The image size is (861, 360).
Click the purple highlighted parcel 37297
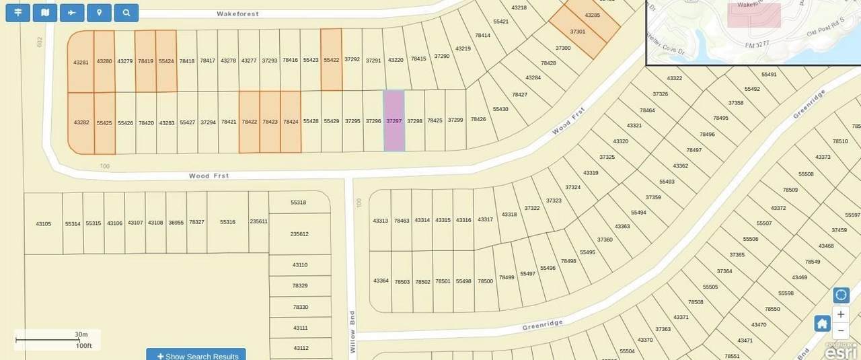(x=394, y=121)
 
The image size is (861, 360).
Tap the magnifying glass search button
(x=126, y=13)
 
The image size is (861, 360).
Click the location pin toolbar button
(x=99, y=13)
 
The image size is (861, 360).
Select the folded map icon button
(x=45, y=13)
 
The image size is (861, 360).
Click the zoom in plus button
(x=841, y=314)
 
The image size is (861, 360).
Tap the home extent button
(x=822, y=324)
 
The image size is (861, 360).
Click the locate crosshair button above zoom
(x=841, y=295)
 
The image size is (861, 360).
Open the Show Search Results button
(x=196, y=355)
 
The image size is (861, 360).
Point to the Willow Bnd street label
(x=352, y=332)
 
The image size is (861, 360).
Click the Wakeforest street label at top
(x=238, y=13)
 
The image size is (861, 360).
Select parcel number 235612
(x=299, y=234)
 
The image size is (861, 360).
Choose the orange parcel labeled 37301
(x=578, y=32)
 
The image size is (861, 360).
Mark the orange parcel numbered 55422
(x=331, y=60)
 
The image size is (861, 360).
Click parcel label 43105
(x=43, y=223)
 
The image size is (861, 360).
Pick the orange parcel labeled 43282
(x=81, y=122)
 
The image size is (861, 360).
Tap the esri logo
(x=841, y=351)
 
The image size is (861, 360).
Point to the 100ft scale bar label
(x=83, y=345)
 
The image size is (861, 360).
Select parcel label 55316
(x=227, y=222)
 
